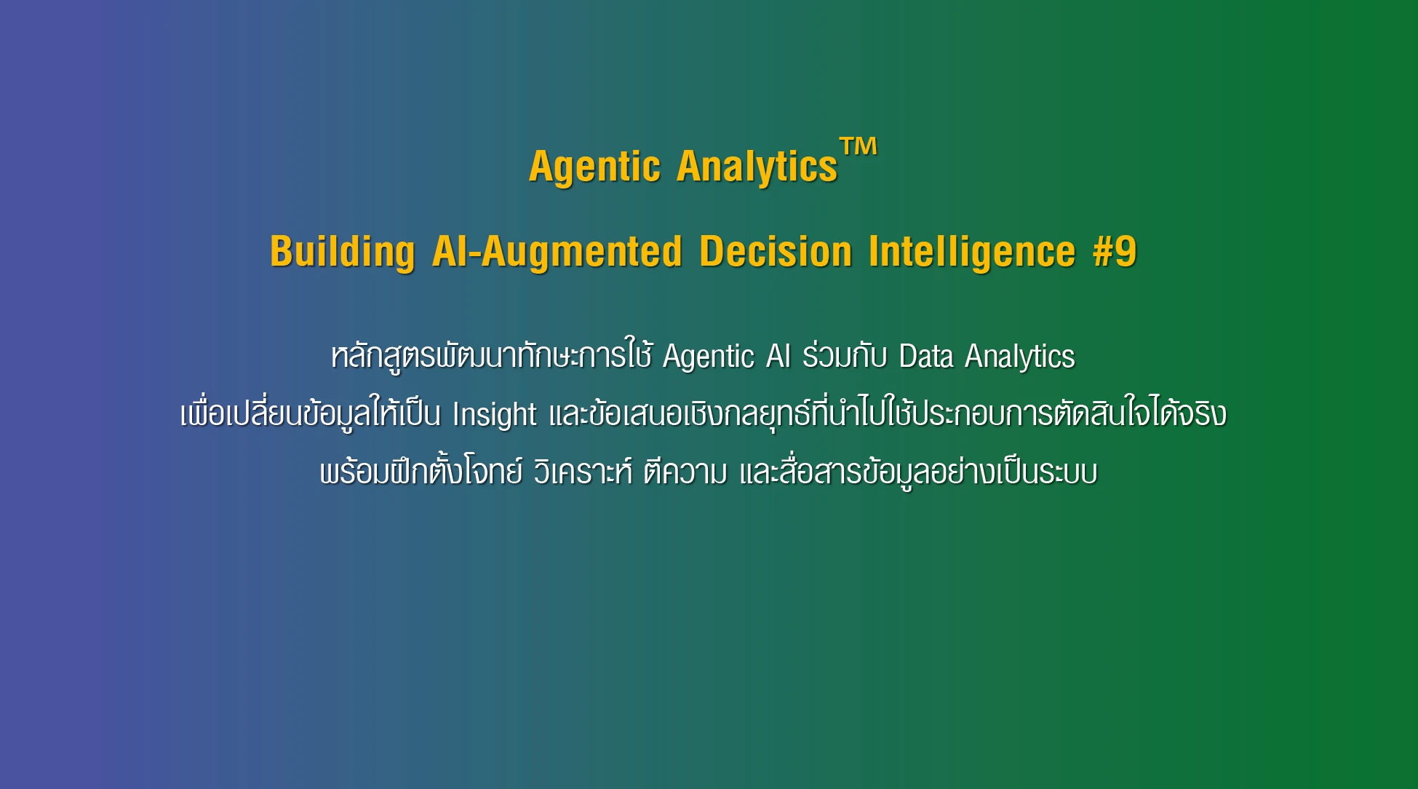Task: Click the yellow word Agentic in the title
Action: pyautogui.click(x=594, y=167)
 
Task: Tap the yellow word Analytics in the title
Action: pyautogui.click(x=757, y=167)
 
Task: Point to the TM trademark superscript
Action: pyautogui.click(x=859, y=146)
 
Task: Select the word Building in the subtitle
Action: pyautogui.click(x=343, y=253)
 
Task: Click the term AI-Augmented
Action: pyautogui.click(x=557, y=251)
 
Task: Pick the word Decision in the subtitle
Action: pyautogui.click(x=776, y=251)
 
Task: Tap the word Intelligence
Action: pyautogui.click(x=972, y=253)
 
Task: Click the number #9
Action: pyautogui.click(x=1115, y=251)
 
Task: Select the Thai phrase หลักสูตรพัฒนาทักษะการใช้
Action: pyautogui.click(x=492, y=357)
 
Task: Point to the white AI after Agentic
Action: pyautogui.click(x=778, y=356)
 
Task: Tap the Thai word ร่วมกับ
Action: pyautogui.click(x=845, y=355)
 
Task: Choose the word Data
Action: pyautogui.click(x=926, y=356)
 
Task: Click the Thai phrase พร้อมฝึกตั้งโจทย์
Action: pyautogui.click(x=421, y=472)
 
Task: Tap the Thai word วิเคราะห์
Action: pyautogui.click(x=583, y=472)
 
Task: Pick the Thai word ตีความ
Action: pyautogui.click(x=685, y=472)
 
